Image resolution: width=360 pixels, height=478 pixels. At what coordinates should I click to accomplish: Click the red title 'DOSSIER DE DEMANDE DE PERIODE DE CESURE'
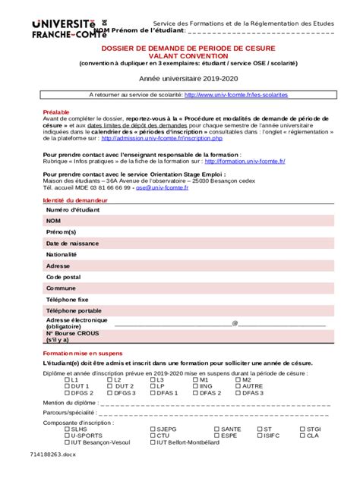click(x=179, y=47)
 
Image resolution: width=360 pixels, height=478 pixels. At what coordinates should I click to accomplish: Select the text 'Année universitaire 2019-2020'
click(x=179, y=79)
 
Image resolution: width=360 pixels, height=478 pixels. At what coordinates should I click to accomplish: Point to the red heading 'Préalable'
click(x=55, y=112)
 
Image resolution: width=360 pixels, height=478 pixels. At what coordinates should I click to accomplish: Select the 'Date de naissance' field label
click(x=72, y=244)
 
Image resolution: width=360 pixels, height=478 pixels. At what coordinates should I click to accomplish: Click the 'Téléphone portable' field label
click(x=74, y=311)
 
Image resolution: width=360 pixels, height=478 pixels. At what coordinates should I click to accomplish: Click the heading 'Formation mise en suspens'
click(x=83, y=354)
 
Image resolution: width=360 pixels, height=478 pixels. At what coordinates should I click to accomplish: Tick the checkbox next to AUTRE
click(x=238, y=386)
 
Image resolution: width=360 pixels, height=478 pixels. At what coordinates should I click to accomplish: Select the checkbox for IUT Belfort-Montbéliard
click(x=152, y=442)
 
